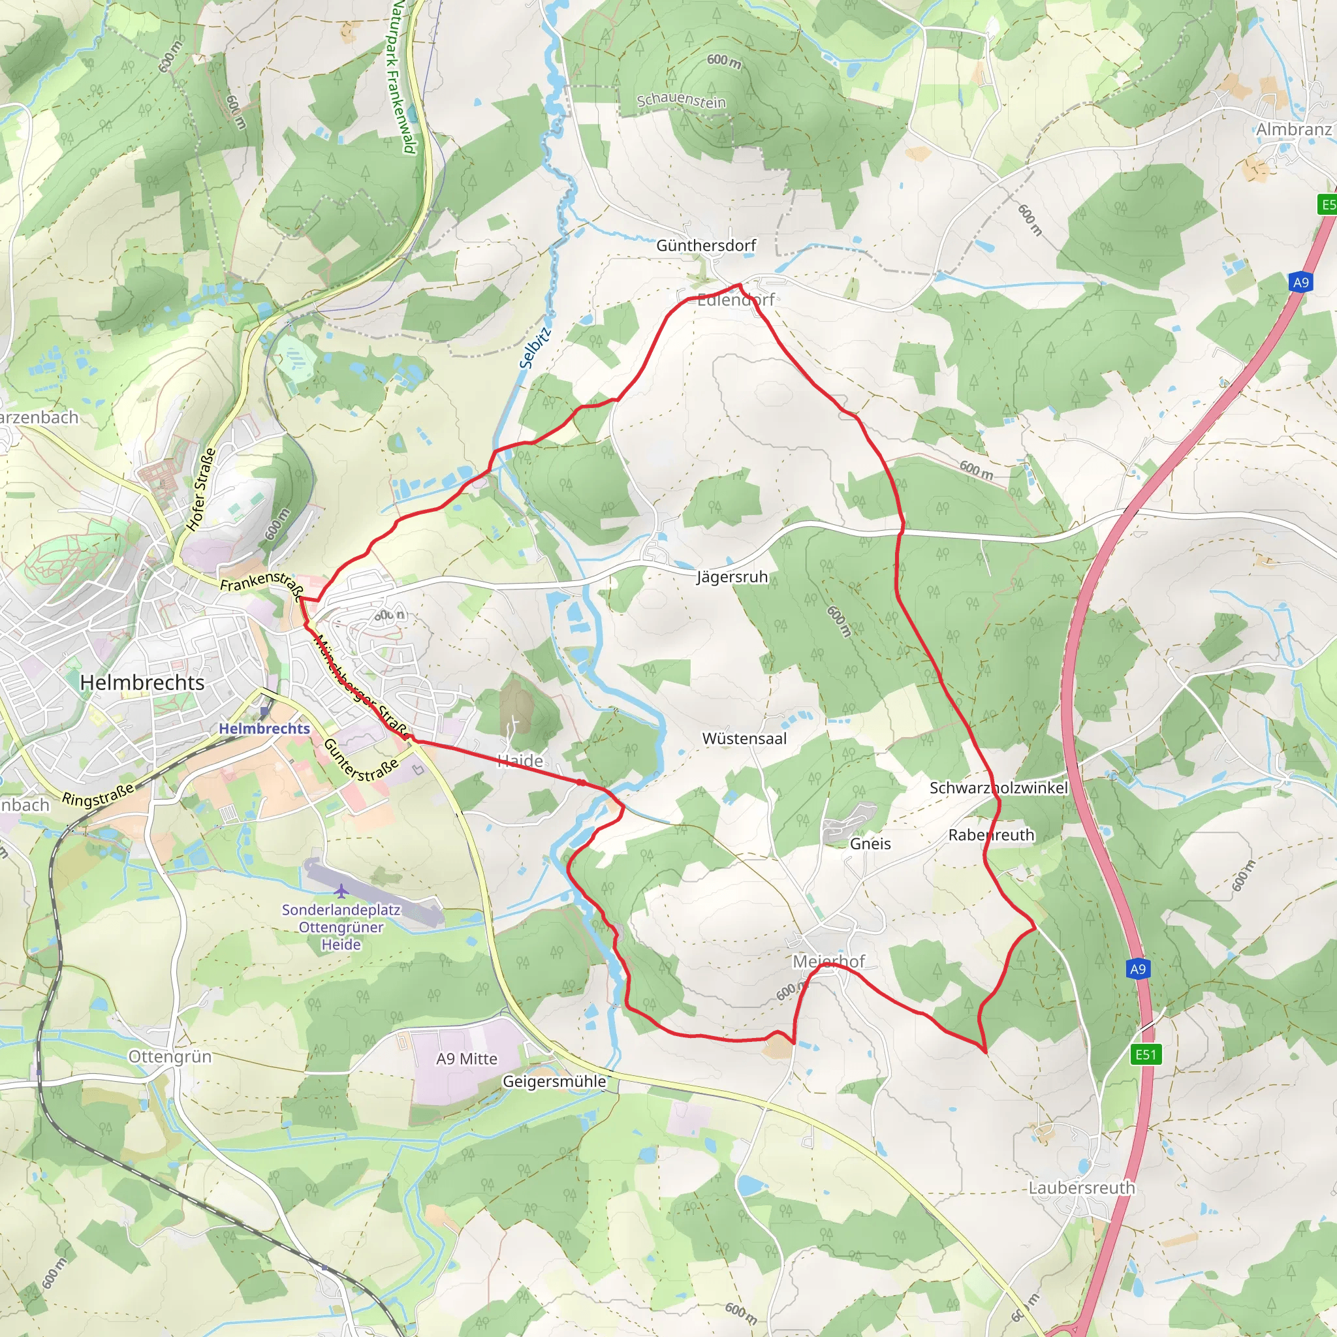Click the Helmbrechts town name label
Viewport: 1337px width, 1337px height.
pos(142,683)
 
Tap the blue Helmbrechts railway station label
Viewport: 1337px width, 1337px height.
pos(264,729)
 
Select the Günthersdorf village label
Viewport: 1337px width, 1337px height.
pos(706,245)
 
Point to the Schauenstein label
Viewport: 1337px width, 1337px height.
pos(681,101)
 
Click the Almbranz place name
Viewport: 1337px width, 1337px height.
pos(1293,130)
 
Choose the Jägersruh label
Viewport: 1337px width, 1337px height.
pos(732,577)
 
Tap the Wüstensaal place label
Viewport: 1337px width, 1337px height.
pos(745,739)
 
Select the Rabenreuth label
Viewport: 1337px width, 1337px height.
pos(991,835)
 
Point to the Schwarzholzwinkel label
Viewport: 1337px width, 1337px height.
pos(999,788)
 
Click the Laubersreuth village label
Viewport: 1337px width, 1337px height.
pos(1082,1188)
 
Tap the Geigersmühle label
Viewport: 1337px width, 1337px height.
pos(554,1082)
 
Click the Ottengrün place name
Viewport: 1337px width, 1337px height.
pos(170,1057)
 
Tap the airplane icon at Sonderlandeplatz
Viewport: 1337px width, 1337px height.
pos(341,890)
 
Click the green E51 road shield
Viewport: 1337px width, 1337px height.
pos(1146,1055)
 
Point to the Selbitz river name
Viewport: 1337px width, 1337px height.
pos(535,347)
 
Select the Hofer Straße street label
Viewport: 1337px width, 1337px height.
pos(201,489)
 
